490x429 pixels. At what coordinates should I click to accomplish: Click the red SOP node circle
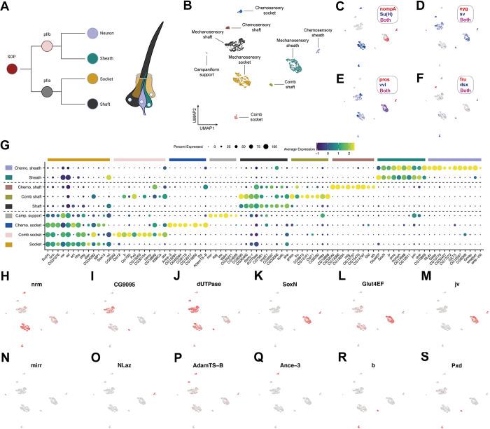click(x=11, y=69)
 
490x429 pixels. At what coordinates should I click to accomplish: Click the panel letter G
click(x=6, y=145)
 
